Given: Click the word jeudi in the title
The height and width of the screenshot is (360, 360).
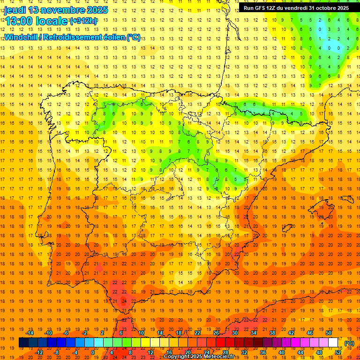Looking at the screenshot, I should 15,10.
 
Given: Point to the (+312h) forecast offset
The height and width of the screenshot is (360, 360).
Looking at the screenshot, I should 83,21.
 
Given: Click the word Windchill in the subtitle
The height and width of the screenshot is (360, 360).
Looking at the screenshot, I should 22,37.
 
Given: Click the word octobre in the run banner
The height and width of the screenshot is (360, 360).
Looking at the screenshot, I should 324,8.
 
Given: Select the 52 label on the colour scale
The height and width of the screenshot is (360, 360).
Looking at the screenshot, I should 338,352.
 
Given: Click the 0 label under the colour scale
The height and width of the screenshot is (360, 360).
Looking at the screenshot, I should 93,352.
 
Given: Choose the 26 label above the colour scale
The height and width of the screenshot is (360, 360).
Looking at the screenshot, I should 216,332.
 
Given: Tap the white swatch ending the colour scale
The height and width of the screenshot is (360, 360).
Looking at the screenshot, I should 333,343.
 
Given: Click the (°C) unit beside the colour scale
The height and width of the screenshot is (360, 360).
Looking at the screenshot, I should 349,343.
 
